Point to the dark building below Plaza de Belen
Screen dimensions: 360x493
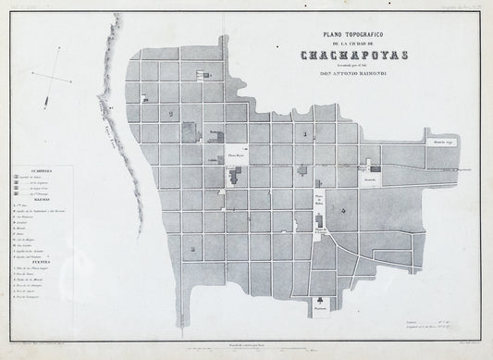coord(320,222)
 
